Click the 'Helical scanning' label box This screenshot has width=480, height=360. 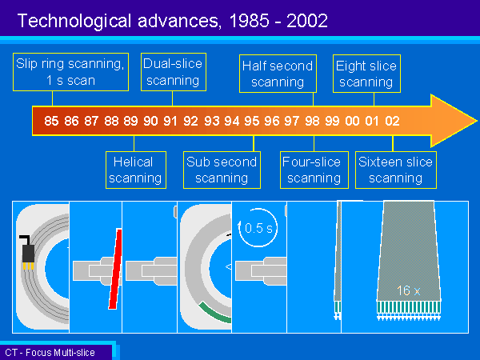tap(136, 170)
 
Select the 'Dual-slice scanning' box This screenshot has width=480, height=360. tap(174, 72)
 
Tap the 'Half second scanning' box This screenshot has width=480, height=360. tap(278, 74)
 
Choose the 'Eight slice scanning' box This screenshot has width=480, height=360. tap(366, 74)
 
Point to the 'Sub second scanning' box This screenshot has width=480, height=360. tap(222, 170)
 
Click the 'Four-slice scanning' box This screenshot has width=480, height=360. tap(314, 170)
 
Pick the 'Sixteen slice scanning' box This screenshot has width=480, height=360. tap(396, 170)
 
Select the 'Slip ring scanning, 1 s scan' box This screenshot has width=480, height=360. tap(70, 72)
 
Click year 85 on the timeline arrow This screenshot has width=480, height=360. tap(51, 121)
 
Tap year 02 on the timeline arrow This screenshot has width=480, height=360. tap(392, 121)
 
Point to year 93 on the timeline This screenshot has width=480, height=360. tap(212, 121)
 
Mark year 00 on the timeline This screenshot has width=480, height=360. tap(352, 121)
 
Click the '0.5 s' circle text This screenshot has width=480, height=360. tap(258, 228)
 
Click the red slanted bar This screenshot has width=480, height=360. tap(115, 269)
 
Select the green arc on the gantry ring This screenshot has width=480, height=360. tap(214, 314)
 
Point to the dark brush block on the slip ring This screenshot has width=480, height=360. tap(28, 254)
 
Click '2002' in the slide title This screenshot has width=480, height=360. tap(307, 21)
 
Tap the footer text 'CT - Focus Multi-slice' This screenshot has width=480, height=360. tap(50, 353)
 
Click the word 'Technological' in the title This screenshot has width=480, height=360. tap(74, 22)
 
